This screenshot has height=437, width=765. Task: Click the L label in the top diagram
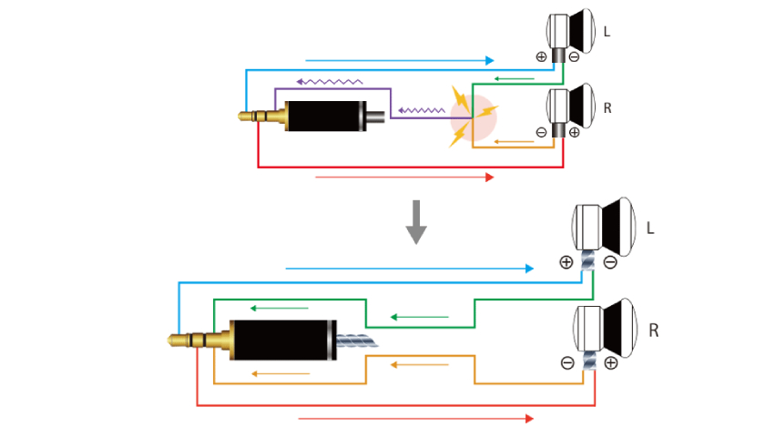tap(607, 32)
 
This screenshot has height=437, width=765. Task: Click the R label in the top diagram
tap(607, 107)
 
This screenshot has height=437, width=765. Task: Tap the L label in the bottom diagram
tap(650, 228)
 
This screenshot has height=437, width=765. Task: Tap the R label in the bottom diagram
tap(654, 330)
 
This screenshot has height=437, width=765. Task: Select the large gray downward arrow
tap(416, 222)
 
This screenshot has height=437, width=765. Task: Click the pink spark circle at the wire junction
tap(474, 117)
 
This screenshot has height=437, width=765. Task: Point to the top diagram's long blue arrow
tap(400, 60)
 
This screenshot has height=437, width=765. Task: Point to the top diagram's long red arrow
tap(405, 177)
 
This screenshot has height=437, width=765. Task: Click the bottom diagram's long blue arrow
tap(409, 269)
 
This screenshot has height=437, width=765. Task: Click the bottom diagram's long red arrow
tap(415, 419)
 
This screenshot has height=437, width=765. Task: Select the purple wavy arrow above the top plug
tap(330, 81)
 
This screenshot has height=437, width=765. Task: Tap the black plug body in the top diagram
tap(325, 117)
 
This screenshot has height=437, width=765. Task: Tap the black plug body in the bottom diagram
tap(283, 340)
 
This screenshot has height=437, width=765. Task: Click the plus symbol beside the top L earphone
tap(541, 56)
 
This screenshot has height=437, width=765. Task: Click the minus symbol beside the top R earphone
tap(541, 132)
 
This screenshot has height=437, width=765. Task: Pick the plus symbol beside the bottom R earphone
tap(611, 363)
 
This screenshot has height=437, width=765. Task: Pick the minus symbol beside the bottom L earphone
tap(610, 262)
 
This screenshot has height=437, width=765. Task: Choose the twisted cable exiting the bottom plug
tap(357, 340)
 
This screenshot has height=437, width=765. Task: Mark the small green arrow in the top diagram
tap(515, 78)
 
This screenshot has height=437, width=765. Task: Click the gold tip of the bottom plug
tap(173, 340)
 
